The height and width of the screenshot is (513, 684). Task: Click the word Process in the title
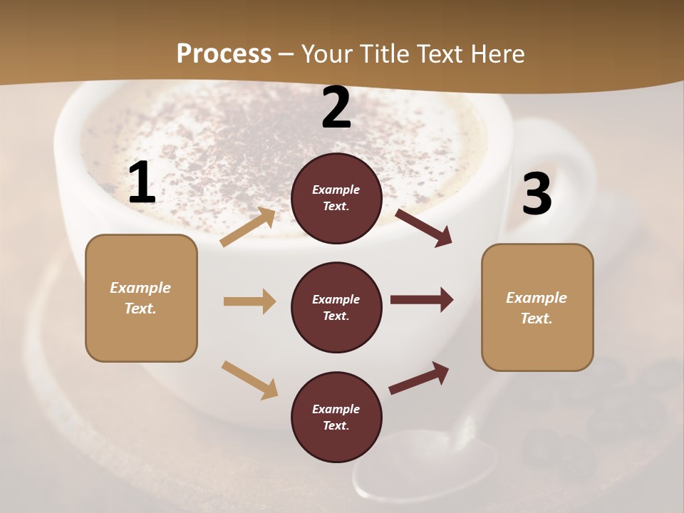tap(224, 53)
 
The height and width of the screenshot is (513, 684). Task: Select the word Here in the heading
tap(496, 53)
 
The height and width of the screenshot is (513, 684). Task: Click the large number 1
tap(142, 183)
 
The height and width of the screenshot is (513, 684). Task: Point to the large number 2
tap(336, 108)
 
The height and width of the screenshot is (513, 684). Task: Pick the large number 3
tap(537, 195)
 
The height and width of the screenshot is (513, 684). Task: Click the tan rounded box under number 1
tap(141, 298)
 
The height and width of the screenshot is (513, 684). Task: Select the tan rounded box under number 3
tap(537, 308)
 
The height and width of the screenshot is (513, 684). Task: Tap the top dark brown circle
tap(336, 198)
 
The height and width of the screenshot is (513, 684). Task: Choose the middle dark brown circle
tap(336, 307)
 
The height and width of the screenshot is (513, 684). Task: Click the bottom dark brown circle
tap(336, 417)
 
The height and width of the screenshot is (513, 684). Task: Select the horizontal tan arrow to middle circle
tap(249, 301)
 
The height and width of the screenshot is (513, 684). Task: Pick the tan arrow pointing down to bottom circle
tap(249, 379)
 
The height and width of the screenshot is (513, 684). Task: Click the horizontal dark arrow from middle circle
tap(422, 300)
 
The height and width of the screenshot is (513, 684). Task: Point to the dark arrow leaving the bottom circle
tap(419, 378)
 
